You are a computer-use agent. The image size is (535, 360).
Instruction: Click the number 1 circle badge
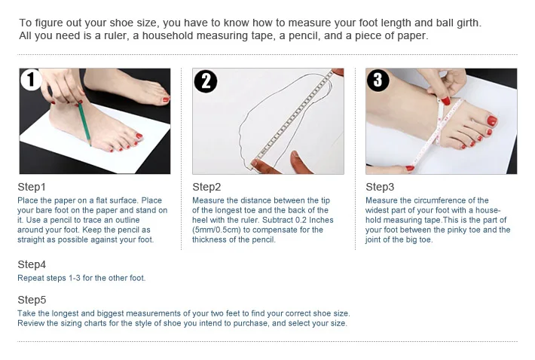(31, 79)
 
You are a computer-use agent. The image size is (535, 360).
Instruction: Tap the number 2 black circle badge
(206, 81)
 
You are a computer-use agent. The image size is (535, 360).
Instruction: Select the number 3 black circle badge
(378, 80)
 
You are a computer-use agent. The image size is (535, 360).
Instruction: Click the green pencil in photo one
(84, 124)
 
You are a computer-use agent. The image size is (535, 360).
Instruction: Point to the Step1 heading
(32, 187)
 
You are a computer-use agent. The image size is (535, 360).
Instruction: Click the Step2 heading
(206, 187)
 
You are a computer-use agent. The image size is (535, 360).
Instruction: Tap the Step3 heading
(380, 187)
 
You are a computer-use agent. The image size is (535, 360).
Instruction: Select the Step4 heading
(32, 264)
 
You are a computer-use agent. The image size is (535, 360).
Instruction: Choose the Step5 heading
(32, 300)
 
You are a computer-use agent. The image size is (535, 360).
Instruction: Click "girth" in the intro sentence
(468, 23)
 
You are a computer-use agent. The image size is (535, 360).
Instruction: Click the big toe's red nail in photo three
(491, 121)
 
